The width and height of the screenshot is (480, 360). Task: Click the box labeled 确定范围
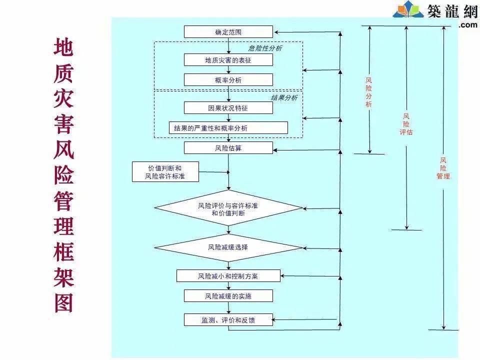click(x=228, y=32)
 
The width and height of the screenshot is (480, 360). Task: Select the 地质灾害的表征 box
click(x=228, y=60)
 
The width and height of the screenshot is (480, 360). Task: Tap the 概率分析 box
click(x=228, y=80)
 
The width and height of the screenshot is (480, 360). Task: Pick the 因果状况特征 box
click(x=228, y=108)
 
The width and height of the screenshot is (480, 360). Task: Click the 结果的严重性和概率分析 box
click(x=228, y=128)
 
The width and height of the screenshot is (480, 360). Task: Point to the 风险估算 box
click(x=228, y=148)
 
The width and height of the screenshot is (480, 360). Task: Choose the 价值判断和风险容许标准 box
click(x=165, y=171)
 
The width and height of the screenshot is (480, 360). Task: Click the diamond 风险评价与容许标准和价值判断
click(x=228, y=208)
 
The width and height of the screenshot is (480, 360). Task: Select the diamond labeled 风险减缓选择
click(x=228, y=247)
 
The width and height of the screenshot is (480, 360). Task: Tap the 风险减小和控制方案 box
click(x=228, y=276)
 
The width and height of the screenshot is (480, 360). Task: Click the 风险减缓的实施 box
click(x=228, y=296)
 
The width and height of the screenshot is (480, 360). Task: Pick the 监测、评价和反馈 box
click(x=228, y=320)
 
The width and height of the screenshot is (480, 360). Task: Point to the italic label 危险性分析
click(x=265, y=48)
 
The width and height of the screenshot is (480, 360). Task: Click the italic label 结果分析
click(x=284, y=97)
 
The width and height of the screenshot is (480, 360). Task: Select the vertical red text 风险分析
click(x=369, y=92)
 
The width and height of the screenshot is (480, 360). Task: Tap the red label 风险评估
click(x=406, y=124)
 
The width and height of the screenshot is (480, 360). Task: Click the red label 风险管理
click(x=443, y=168)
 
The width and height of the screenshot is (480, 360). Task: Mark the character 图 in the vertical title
click(x=63, y=303)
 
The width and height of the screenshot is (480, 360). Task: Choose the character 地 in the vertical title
click(x=63, y=47)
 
